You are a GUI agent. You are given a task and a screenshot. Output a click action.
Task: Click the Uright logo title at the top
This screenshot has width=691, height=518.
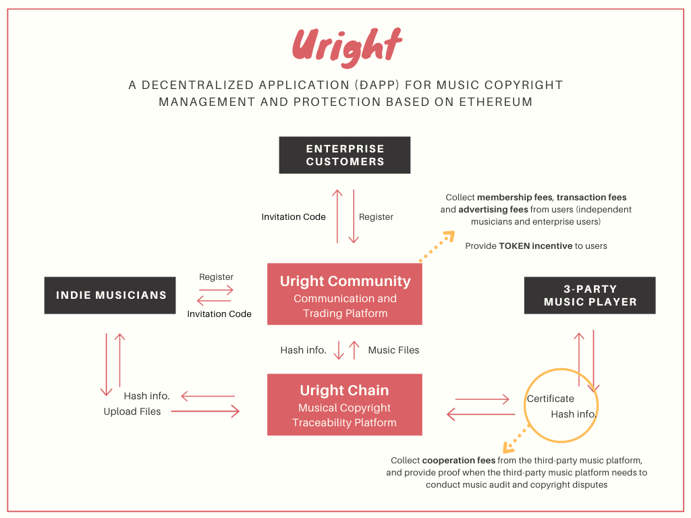pyautogui.click(x=347, y=47)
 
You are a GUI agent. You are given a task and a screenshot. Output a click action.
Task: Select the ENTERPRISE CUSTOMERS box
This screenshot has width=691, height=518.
pyautogui.click(x=345, y=155)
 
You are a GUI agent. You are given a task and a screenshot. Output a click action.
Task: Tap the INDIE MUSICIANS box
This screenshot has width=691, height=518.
pyautogui.click(x=110, y=295)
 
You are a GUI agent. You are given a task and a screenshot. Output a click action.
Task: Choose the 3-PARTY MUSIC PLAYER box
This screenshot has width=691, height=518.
pyautogui.click(x=590, y=295)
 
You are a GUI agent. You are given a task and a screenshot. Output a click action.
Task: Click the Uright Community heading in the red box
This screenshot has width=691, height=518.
pyautogui.click(x=345, y=281)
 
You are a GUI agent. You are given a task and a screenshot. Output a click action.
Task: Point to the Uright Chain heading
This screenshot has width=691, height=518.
pyautogui.click(x=344, y=391)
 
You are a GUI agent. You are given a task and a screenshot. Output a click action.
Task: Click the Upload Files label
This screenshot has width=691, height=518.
pyautogui.click(x=132, y=411)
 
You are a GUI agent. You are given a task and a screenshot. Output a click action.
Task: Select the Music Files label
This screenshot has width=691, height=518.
pyautogui.click(x=393, y=350)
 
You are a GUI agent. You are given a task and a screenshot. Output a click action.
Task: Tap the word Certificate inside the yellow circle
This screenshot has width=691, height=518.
pyautogui.click(x=551, y=399)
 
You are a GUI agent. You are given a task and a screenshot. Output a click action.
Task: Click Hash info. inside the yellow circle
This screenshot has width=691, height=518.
pyautogui.click(x=574, y=414)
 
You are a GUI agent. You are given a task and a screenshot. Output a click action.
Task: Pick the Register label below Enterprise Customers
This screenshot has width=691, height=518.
pyautogui.click(x=376, y=217)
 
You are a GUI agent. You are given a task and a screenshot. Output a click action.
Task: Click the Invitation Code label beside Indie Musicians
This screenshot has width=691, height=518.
pyautogui.click(x=219, y=314)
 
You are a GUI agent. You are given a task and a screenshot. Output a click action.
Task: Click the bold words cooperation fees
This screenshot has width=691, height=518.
pyautogui.click(x=453, y=461)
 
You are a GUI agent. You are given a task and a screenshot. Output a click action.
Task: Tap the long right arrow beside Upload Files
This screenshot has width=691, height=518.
pyautogui.click(x=205, y=411)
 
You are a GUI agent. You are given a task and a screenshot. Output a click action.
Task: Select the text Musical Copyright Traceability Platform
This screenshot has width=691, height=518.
pyautogui.click(x=344, y=415)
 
